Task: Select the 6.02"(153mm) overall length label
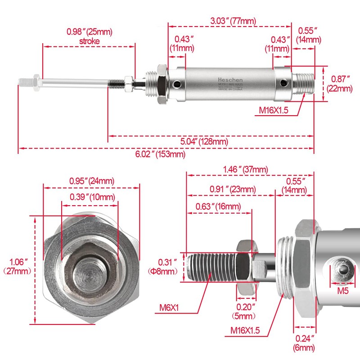(x=161, y=154)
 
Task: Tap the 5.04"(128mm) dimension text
(x=204, y=142)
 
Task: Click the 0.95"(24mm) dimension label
(x=91, y=181)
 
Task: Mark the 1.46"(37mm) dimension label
(x=245, y=170)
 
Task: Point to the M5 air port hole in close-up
(x=344, y=270)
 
